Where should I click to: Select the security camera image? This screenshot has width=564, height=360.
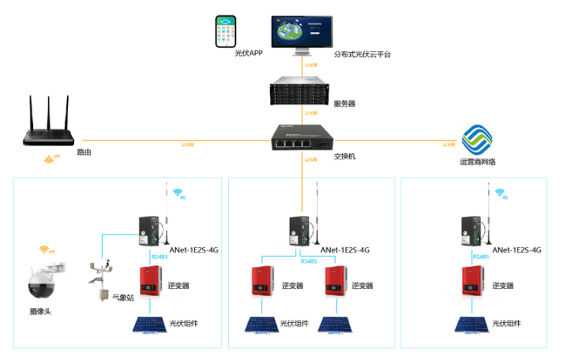tap(45, 280)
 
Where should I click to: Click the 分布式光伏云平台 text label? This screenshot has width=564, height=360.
tap(362, 54)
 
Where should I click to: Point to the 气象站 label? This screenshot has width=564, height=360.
tap(124, 297)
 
